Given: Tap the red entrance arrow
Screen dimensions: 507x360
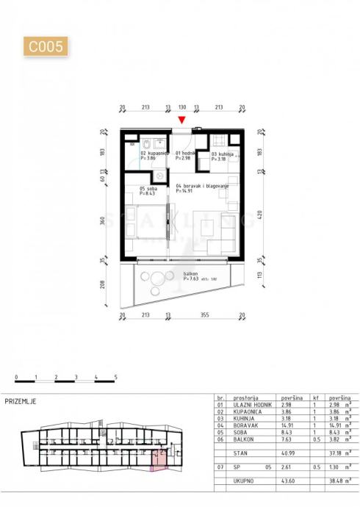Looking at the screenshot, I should [182, 121].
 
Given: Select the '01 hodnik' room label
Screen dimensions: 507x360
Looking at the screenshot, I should [184, 153].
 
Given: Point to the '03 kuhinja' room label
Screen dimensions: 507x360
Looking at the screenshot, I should [223, 154].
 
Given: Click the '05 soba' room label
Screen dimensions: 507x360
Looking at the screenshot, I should [148, 189].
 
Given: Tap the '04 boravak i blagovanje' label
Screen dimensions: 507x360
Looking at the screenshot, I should [203, 187].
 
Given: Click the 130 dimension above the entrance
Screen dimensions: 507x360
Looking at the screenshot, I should [182, 107].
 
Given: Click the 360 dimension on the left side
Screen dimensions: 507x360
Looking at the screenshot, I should [104, 220].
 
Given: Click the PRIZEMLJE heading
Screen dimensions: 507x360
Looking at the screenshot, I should [21, 401].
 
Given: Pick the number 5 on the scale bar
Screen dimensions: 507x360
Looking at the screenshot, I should [115, 376].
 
